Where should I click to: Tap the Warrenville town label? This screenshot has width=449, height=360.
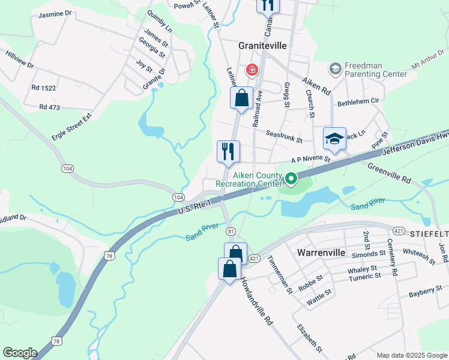pyautogui.click(x=321, y=253)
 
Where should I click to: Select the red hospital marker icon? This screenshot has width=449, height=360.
pyautogui.click(x=252, y=70)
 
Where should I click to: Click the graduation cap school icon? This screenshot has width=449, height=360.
pyautogui.click(x=334, y=139)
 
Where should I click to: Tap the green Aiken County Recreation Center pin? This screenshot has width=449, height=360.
pyautogui.click(x=291, y=179)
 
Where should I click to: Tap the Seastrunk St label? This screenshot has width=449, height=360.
pyautogui.click(x=284, y=137)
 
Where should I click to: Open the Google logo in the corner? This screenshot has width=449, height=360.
pyautogui.click(x=20, y=353)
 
